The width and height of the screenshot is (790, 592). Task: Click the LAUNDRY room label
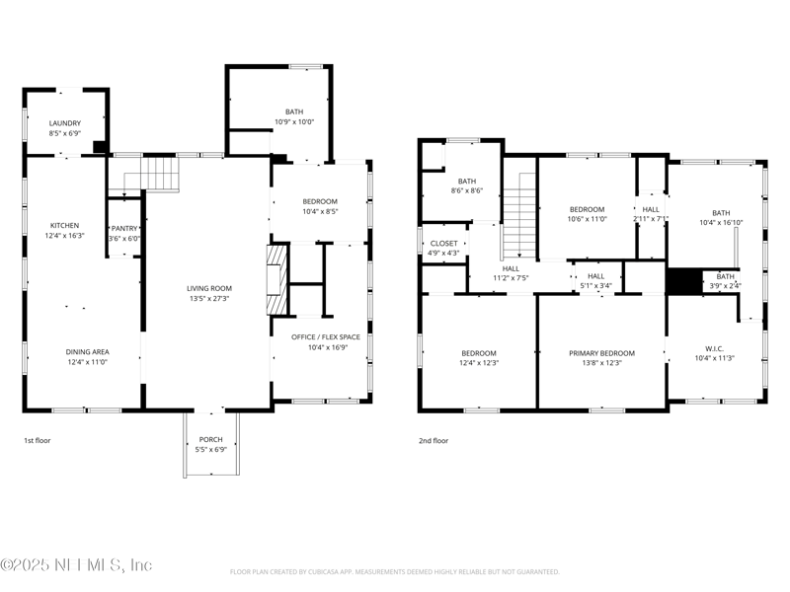point(65,123)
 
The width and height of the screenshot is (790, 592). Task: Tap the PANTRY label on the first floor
point(124,229)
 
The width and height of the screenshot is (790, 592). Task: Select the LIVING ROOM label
point(209,288)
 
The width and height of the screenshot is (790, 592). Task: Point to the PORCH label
point(210,439)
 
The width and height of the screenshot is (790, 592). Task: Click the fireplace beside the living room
point(278,280)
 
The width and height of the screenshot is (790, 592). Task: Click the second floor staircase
point(519,215)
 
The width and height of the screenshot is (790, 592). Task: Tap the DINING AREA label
point(87,352)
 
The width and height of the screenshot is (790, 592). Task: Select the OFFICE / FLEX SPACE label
point(326,336)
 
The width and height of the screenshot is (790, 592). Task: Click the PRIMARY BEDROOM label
point(601,353)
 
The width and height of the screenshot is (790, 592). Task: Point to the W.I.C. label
point(714,349)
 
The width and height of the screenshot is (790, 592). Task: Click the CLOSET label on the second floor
point(443,243)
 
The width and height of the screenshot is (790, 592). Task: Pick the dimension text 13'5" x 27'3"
point(208,299)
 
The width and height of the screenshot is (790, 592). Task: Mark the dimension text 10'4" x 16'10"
point(721,223)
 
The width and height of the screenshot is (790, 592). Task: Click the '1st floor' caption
point(38,440)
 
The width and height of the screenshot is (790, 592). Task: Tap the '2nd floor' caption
point(434,440)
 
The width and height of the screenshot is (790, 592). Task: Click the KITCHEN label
point(64,226)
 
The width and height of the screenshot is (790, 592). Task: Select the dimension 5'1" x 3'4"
point(596,286)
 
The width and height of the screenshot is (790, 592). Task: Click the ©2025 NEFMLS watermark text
point(76,564)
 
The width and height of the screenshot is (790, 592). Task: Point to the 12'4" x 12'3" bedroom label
point(479,363)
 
